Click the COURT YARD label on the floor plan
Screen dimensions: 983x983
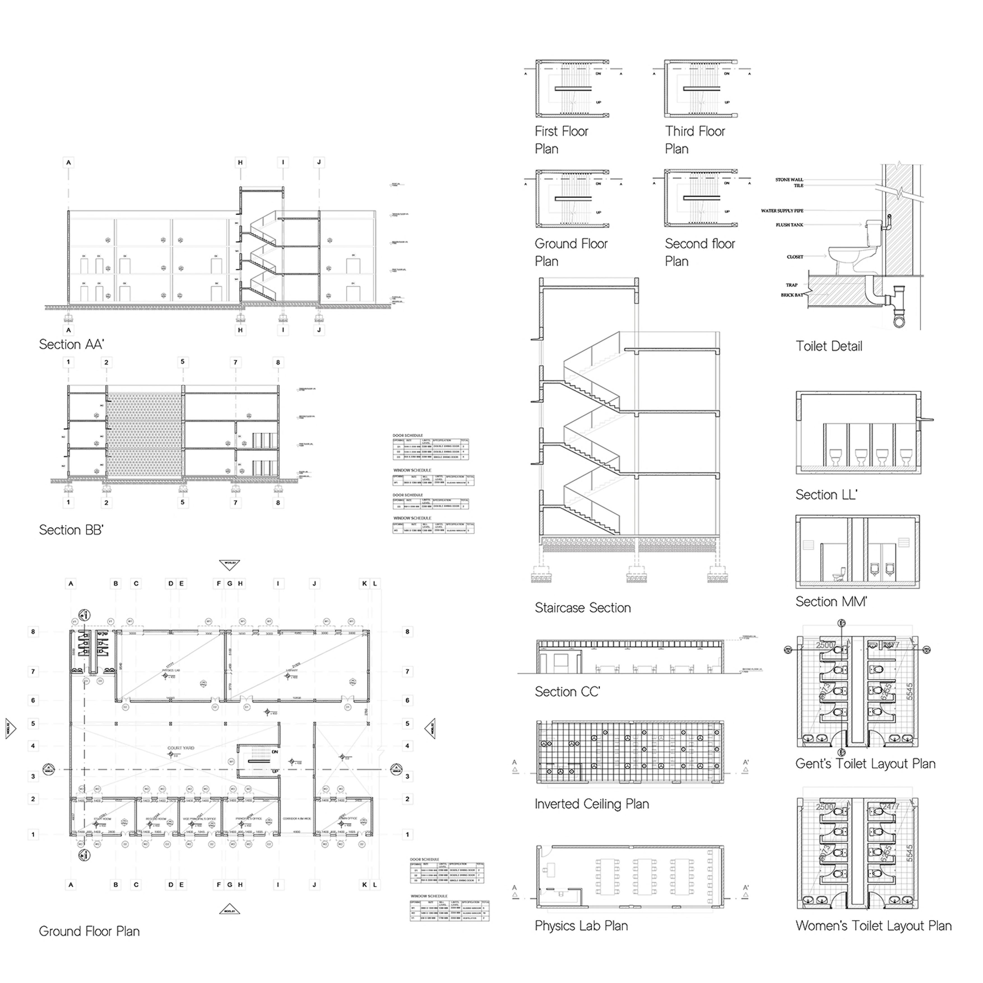(x=181, y=748)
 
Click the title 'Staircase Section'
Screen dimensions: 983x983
(x=583, y=608)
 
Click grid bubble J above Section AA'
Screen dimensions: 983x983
(x=319, y=162)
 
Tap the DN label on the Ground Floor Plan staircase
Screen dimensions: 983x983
(x=275, y=752)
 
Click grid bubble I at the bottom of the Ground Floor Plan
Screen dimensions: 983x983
(x=278, y=885)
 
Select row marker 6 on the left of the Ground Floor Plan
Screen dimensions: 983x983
(x=33, y=700)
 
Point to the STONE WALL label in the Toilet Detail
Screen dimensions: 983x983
(x=789, y=180)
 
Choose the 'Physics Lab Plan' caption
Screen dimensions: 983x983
(x=581, y=926)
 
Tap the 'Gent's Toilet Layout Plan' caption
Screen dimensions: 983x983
(x=866, y=764)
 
